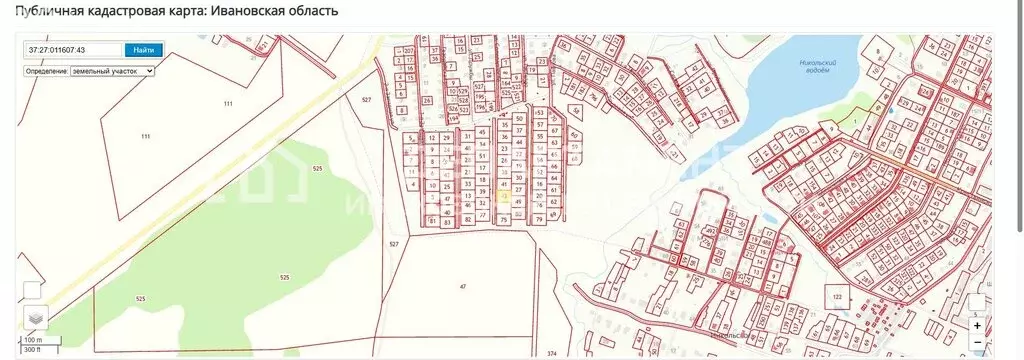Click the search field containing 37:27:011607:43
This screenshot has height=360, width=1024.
coord(73,50)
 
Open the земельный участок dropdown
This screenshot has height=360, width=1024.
coord(112,72)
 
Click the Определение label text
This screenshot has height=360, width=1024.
coord(46,72)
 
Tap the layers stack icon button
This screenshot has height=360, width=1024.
coord(35,317)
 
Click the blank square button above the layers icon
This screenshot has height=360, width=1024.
coord(33,290)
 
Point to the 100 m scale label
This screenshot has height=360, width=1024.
coord(33,341)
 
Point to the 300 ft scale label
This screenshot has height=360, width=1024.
coord(33,350)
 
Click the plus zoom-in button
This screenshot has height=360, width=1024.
coord(977,325)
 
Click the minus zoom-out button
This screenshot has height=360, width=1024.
coord(977,342)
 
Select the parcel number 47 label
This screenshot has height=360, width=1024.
coord(463,287)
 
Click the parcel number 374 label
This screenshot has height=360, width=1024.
coord(551,354)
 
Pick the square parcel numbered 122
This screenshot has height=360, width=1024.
coord(838,297)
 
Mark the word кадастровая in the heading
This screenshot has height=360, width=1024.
coord(125,11)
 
